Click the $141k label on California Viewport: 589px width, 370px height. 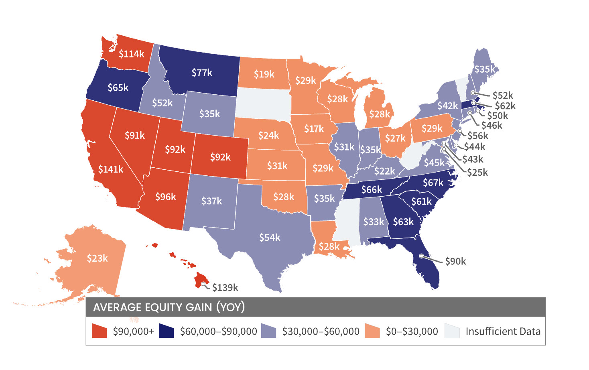[x=111, y=169]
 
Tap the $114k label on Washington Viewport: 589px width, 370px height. [x=131, y=54]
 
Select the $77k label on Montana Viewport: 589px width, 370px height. [x=202, y=73]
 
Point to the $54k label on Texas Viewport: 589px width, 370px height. [x=270, y=238]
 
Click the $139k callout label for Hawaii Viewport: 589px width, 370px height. [x=225, y=288]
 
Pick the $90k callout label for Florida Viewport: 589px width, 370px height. [x=455, y=262]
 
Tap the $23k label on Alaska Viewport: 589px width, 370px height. [x=97, y=258]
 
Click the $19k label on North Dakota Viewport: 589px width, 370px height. [x=264, y=74]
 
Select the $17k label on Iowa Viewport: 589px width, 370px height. [x=314, y=129]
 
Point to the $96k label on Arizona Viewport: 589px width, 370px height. [x=166, y=197]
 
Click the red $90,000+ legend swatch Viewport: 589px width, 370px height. [x=99, y=331]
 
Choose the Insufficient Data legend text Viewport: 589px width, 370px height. [x=503, y=331]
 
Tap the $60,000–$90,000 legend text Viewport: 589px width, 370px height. [x=218, y=331]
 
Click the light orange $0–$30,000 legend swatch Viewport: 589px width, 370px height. [x=372, y=331]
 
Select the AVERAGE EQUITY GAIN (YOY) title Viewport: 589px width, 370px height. [x=169, y=307]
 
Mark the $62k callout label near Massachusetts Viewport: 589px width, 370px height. [x=505, y=106]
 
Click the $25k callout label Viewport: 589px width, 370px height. [x=477, y=173]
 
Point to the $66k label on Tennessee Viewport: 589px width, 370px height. [x=372, y=190]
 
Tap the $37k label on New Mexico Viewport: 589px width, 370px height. [x=211, y=201]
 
